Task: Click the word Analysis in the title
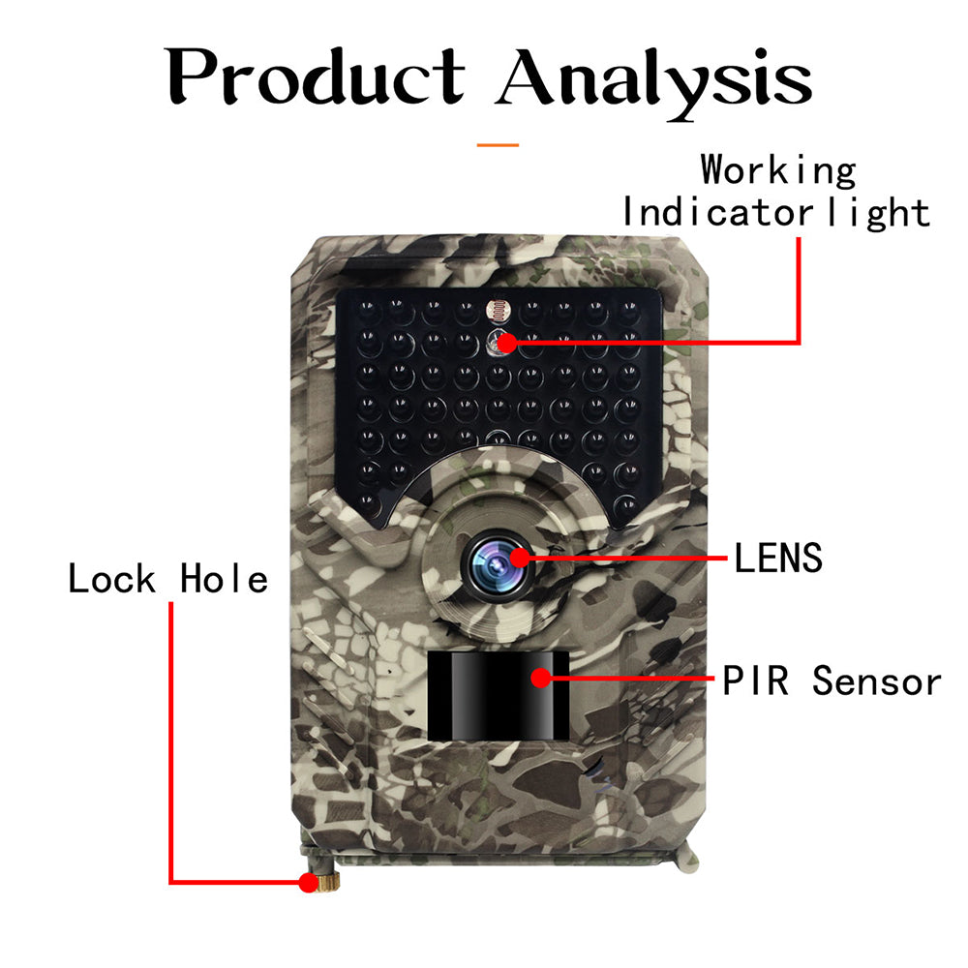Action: pyautogui.click(x=654, y=76)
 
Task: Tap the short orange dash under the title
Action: pyautogui.click(x=498, y=145)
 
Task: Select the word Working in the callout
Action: pyautogui.click(x=778, y=171)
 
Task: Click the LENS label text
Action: pyautogui.click(x=777, y=559)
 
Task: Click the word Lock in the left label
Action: pyautogui.click(x=111, y=580)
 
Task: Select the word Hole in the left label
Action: pyautogui.click(x=224, y=580)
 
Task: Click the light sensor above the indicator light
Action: pyautogui.click(x=498, y=311)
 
